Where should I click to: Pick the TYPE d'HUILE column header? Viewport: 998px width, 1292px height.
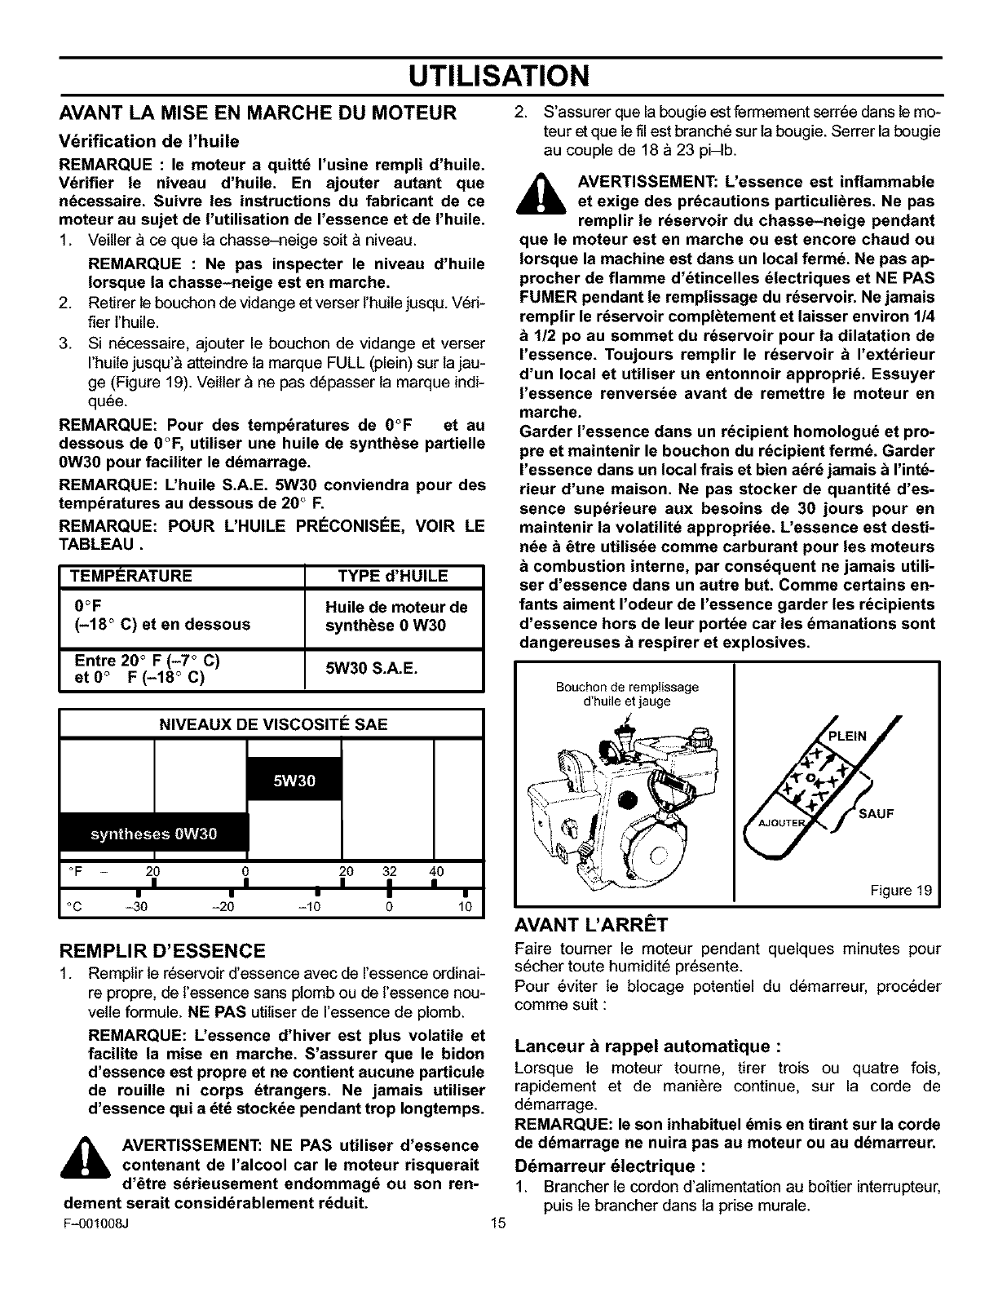click(393, 577)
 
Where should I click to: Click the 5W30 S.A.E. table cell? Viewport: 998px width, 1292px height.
click(372, 669)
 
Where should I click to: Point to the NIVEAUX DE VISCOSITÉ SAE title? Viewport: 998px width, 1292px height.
click(272, 724)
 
